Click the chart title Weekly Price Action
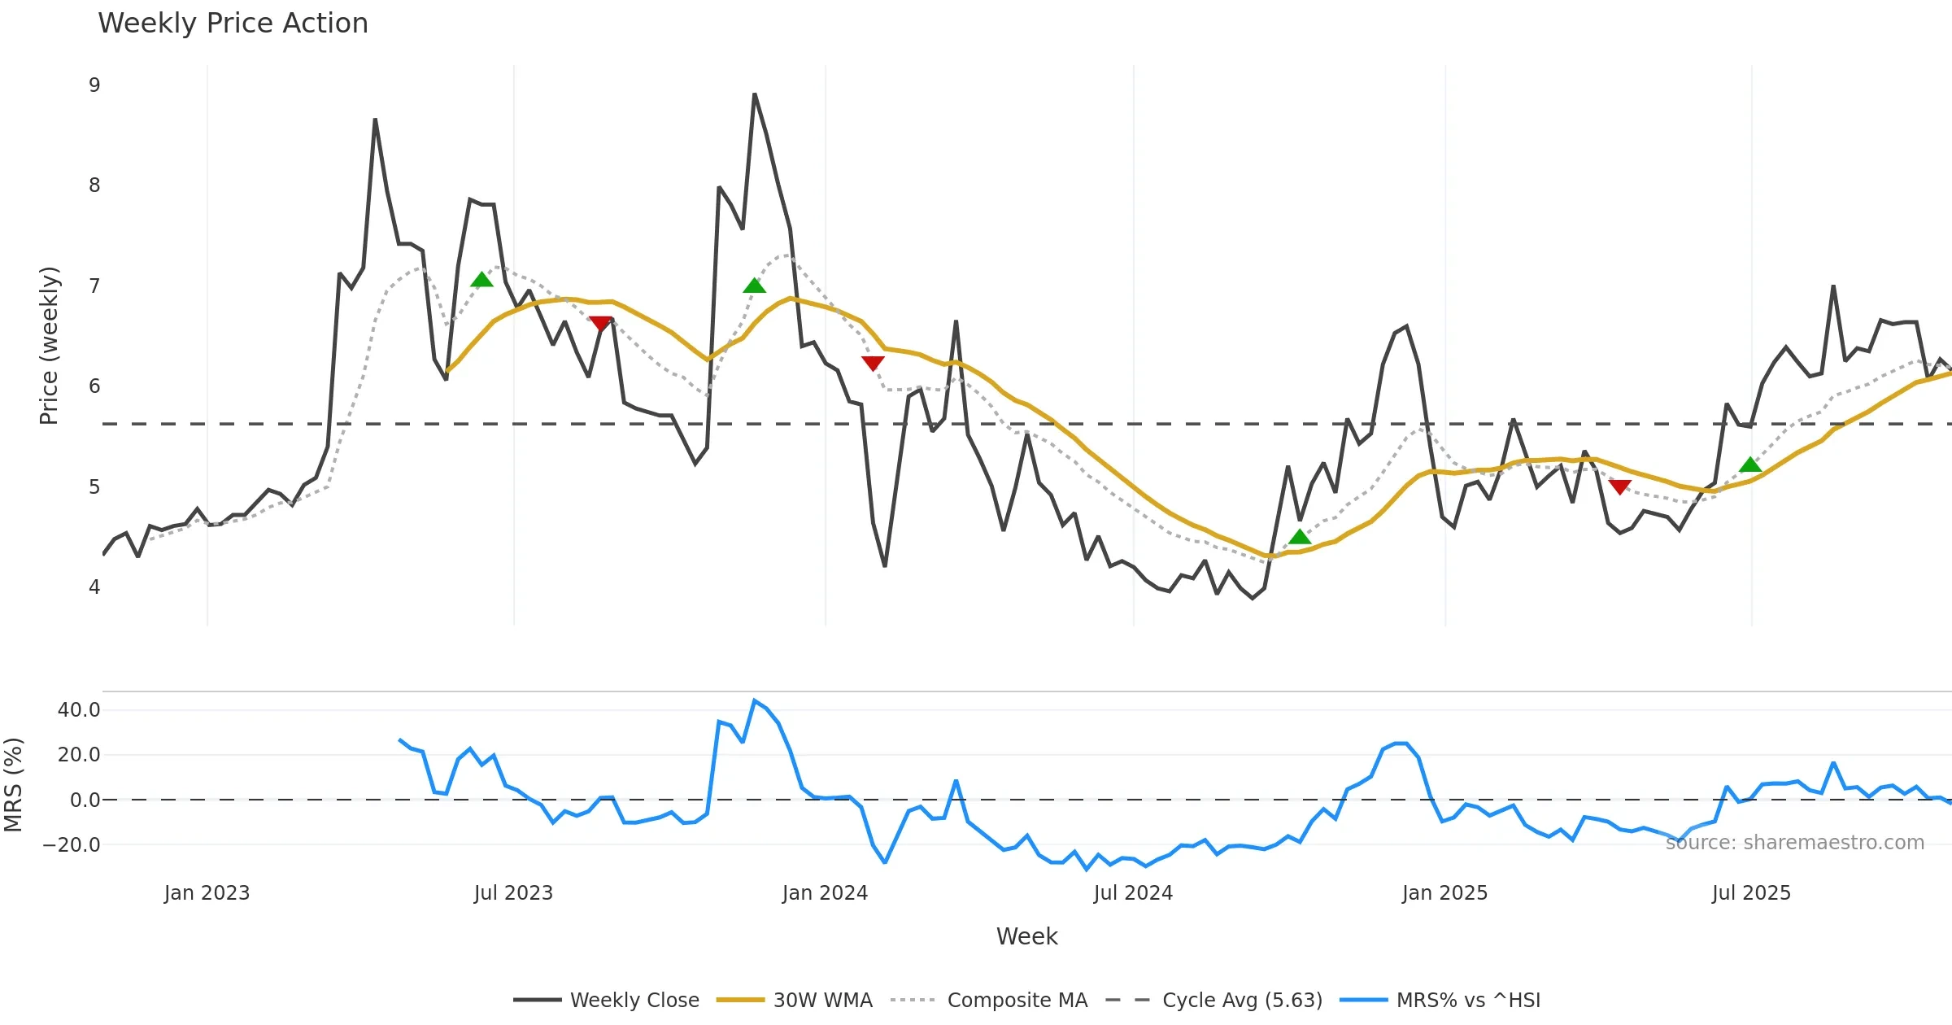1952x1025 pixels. (233, 24)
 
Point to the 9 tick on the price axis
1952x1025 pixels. (94, 85)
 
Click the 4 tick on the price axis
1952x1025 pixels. (94, 587)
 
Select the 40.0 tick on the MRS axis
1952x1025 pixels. (79, 710)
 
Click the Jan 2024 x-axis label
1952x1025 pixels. (825, 893)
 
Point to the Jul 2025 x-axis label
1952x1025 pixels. (1751, 893)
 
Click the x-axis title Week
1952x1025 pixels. (1026, 936)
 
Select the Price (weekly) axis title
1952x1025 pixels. (49, 346)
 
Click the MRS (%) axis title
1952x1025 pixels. (13, 785)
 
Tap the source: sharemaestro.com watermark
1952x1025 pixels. (1794, 843)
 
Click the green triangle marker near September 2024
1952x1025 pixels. (1300, 537)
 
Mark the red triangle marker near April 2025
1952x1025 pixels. (1619, 486)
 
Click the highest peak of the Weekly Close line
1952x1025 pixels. (755, 94)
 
